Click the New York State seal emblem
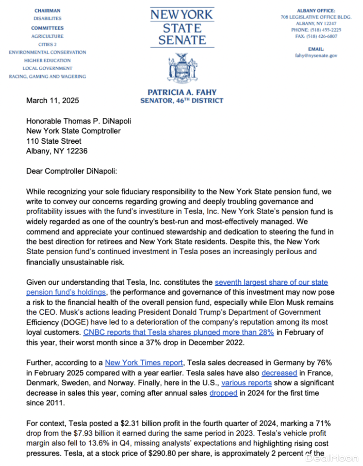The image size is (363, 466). [182, 68]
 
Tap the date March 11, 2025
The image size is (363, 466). [52, 101]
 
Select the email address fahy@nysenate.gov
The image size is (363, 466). [316, 56]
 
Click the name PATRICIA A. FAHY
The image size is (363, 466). [182, 92]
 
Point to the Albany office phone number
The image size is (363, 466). [316, 30]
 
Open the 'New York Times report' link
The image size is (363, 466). [144, 363]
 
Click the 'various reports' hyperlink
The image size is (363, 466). [246, 383]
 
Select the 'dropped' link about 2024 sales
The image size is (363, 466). [223, 393]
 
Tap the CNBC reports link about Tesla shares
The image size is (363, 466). [178, 332]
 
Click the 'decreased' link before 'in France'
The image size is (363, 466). [279, 373]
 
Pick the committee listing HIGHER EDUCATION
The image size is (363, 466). [47, 61]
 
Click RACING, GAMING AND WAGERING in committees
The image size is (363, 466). [47, 77]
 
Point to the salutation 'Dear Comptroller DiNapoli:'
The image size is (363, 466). [72, 171]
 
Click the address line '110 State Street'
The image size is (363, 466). [54, 141]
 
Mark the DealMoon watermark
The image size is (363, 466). [332, 458]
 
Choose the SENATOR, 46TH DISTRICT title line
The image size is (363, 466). [182, 101]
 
